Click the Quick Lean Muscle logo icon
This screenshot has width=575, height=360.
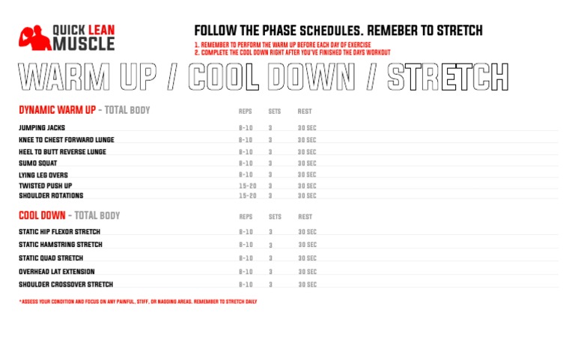[x=33, y=38]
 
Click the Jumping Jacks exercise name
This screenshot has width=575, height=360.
[x=42, y=128]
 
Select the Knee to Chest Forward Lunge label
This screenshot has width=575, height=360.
[x=67, y=140]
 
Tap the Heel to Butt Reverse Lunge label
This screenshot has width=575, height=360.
[x=62, y=152]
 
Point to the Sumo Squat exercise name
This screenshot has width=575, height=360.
[x=38, y=163]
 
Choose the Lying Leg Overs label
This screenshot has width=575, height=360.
[x=43, y=175]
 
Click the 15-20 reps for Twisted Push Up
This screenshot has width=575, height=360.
[x=247, y=186]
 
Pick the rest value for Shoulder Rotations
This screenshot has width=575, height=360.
[x=307, y=195]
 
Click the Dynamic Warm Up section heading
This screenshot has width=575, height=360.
[x=58, y=110]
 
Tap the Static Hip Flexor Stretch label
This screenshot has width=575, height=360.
[x=59, y=232]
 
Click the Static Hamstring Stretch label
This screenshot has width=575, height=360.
[x=61, y=245]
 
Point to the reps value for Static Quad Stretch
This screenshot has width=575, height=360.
[x=246, y=258]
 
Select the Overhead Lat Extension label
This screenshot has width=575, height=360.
[x=57, y=272]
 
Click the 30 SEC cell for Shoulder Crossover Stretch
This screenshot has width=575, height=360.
[x=307, y=284]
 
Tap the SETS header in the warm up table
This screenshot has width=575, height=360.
[x=274, y=111]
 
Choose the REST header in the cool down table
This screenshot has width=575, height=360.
[x=305, y=216]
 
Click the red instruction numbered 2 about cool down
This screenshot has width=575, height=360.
[x=292, y=52]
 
